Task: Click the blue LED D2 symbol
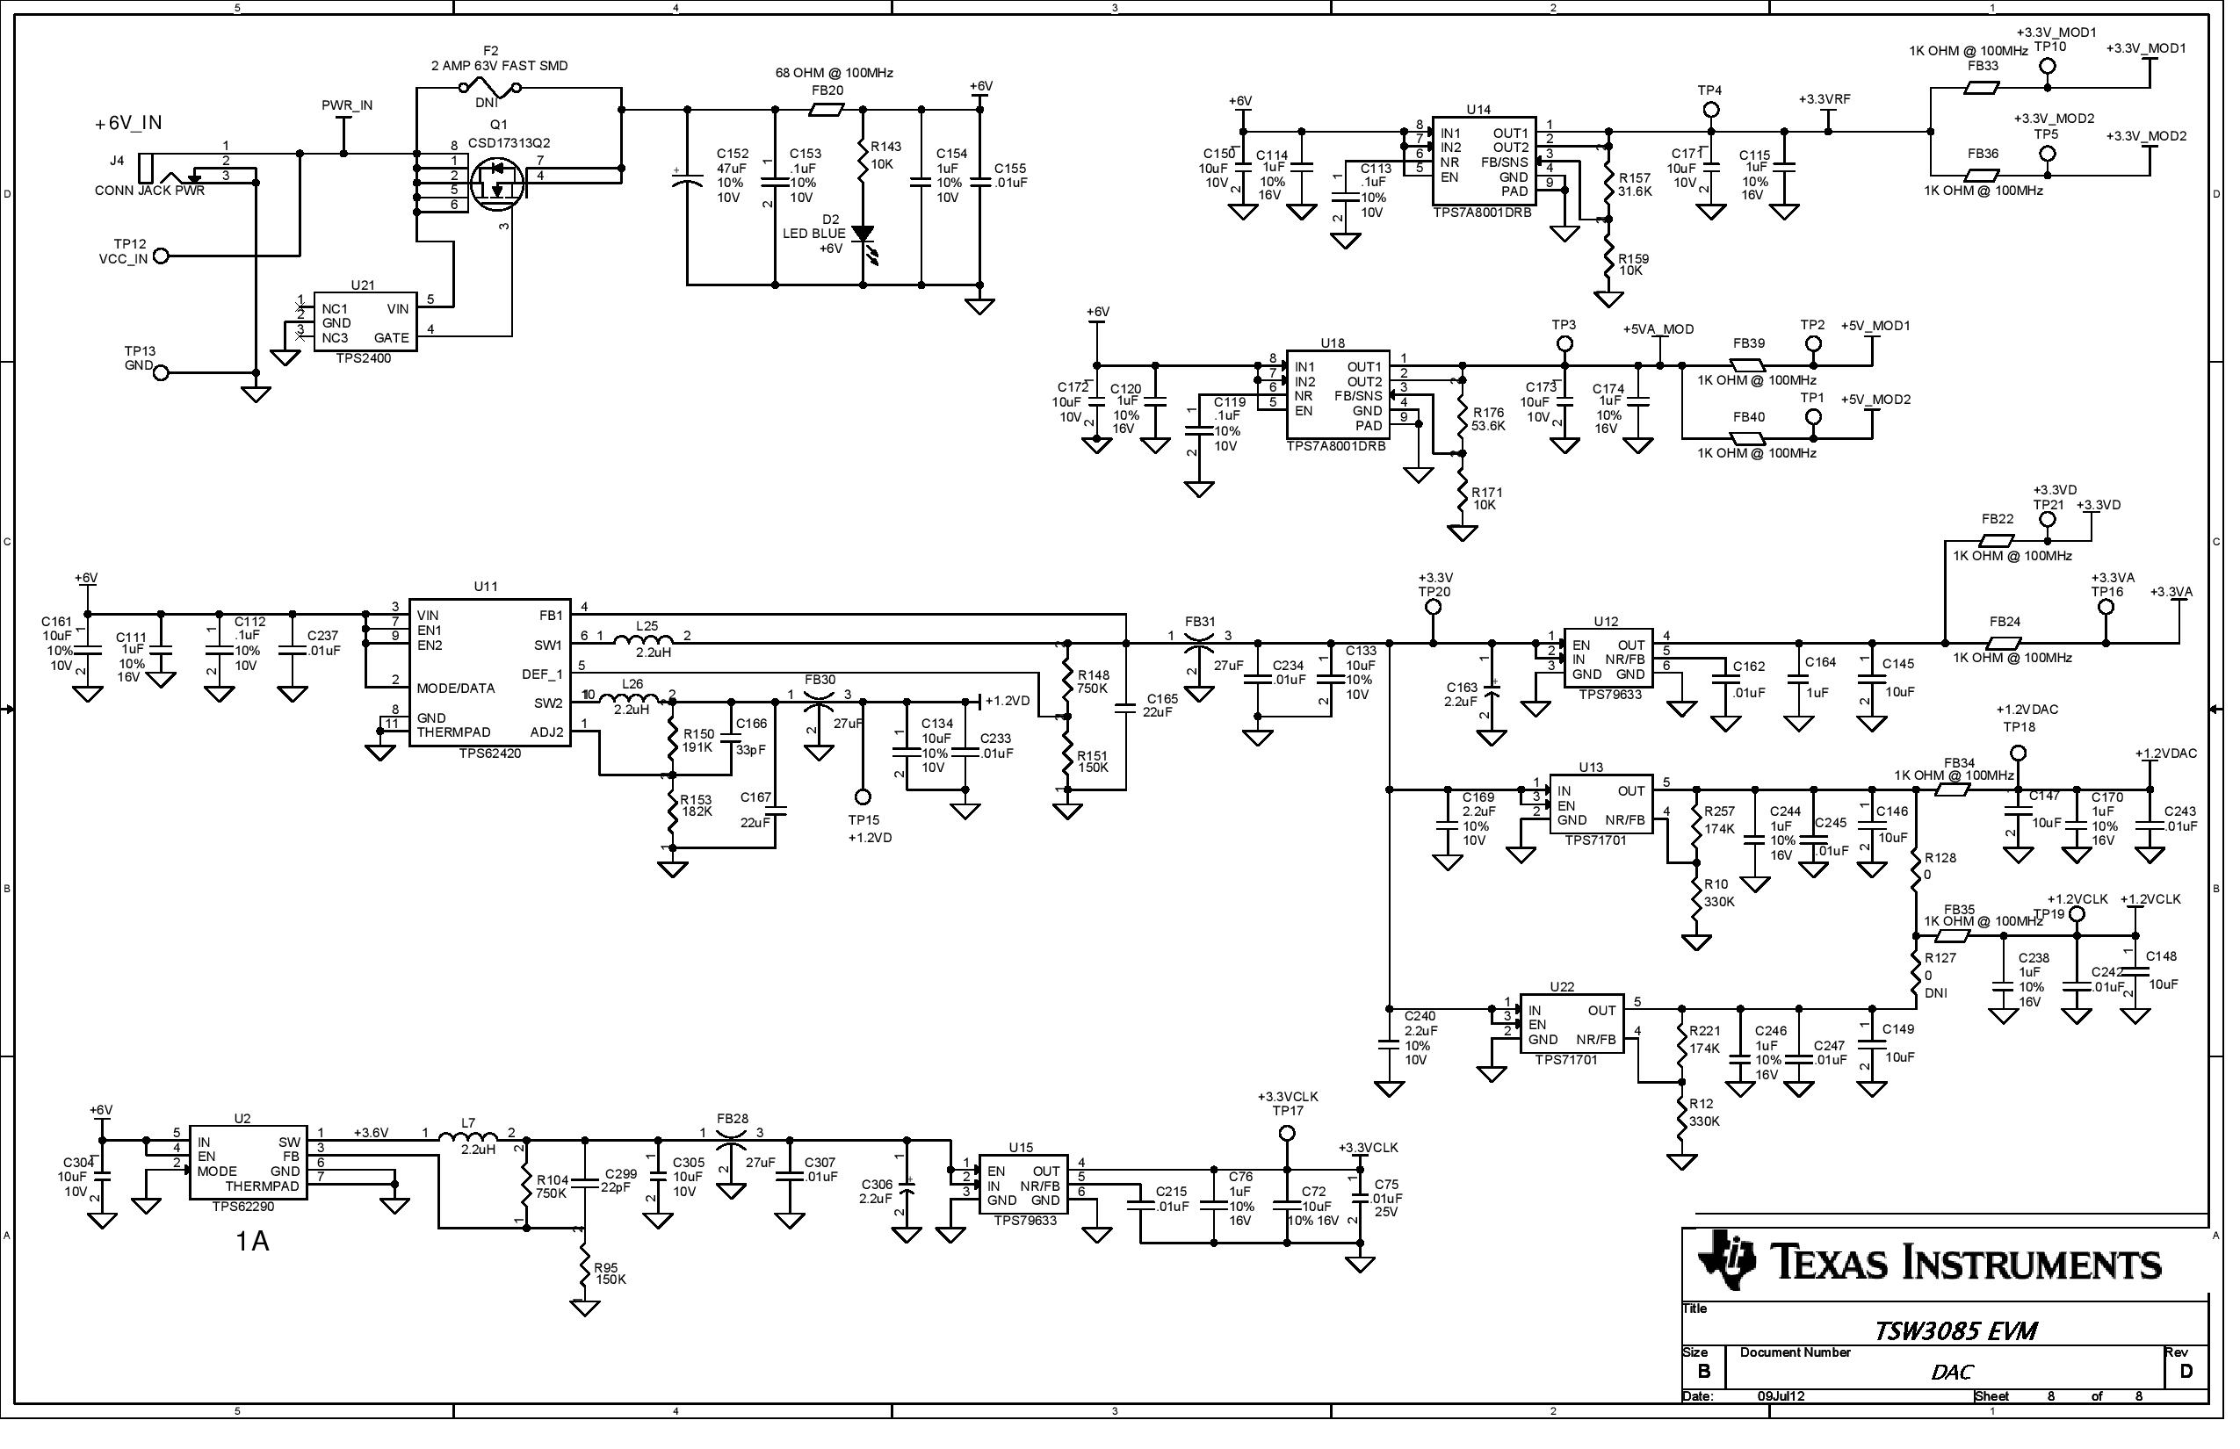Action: [x=863, y=234]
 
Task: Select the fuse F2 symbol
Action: [x=491, y=89]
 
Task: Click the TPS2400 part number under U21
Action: [x=366, y=358]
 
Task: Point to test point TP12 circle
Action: [x=161, y=256]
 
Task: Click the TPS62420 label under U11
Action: [x=489, y=754]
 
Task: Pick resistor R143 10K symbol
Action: [x=863, y=162]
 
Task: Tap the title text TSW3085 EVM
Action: [x=1955, y=1332]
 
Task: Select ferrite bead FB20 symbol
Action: [x=827, y=110]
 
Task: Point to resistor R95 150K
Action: [x=584, y=1272]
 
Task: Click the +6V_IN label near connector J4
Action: [x=128, y=123]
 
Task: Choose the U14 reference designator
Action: [x=1478, y=110]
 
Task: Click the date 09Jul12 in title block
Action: [x=1781, y=1397]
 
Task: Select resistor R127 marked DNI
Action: [x=1916, y=977]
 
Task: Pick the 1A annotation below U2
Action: [x=252, y=1243]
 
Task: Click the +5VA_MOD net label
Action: [x=1658, y=330]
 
